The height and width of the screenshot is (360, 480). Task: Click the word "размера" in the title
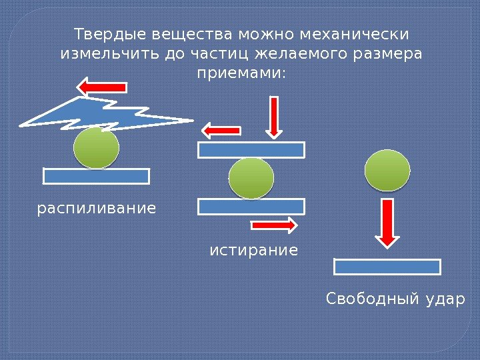tap(392, 53)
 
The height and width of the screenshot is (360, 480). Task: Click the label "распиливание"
tap(97, 209)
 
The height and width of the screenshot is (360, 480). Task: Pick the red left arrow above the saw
tap(101, 87)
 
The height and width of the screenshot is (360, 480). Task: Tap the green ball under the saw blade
tap(96, 148)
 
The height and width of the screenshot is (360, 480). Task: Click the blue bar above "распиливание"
tap(96, 176)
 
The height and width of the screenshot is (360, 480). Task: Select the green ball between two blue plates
tap(251, 178)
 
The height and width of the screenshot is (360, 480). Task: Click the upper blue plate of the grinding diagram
tap(251, 149)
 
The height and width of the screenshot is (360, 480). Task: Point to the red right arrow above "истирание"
tap(274, 225)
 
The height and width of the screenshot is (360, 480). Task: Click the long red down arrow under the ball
tap(387, 221)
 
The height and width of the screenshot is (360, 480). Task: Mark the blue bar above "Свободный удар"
tap(387, 267)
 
